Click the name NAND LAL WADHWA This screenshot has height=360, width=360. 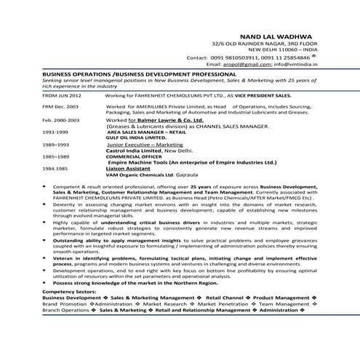pos(275,35)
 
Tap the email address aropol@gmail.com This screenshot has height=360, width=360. pos(253,64)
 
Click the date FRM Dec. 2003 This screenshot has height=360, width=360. pos(61,107)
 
